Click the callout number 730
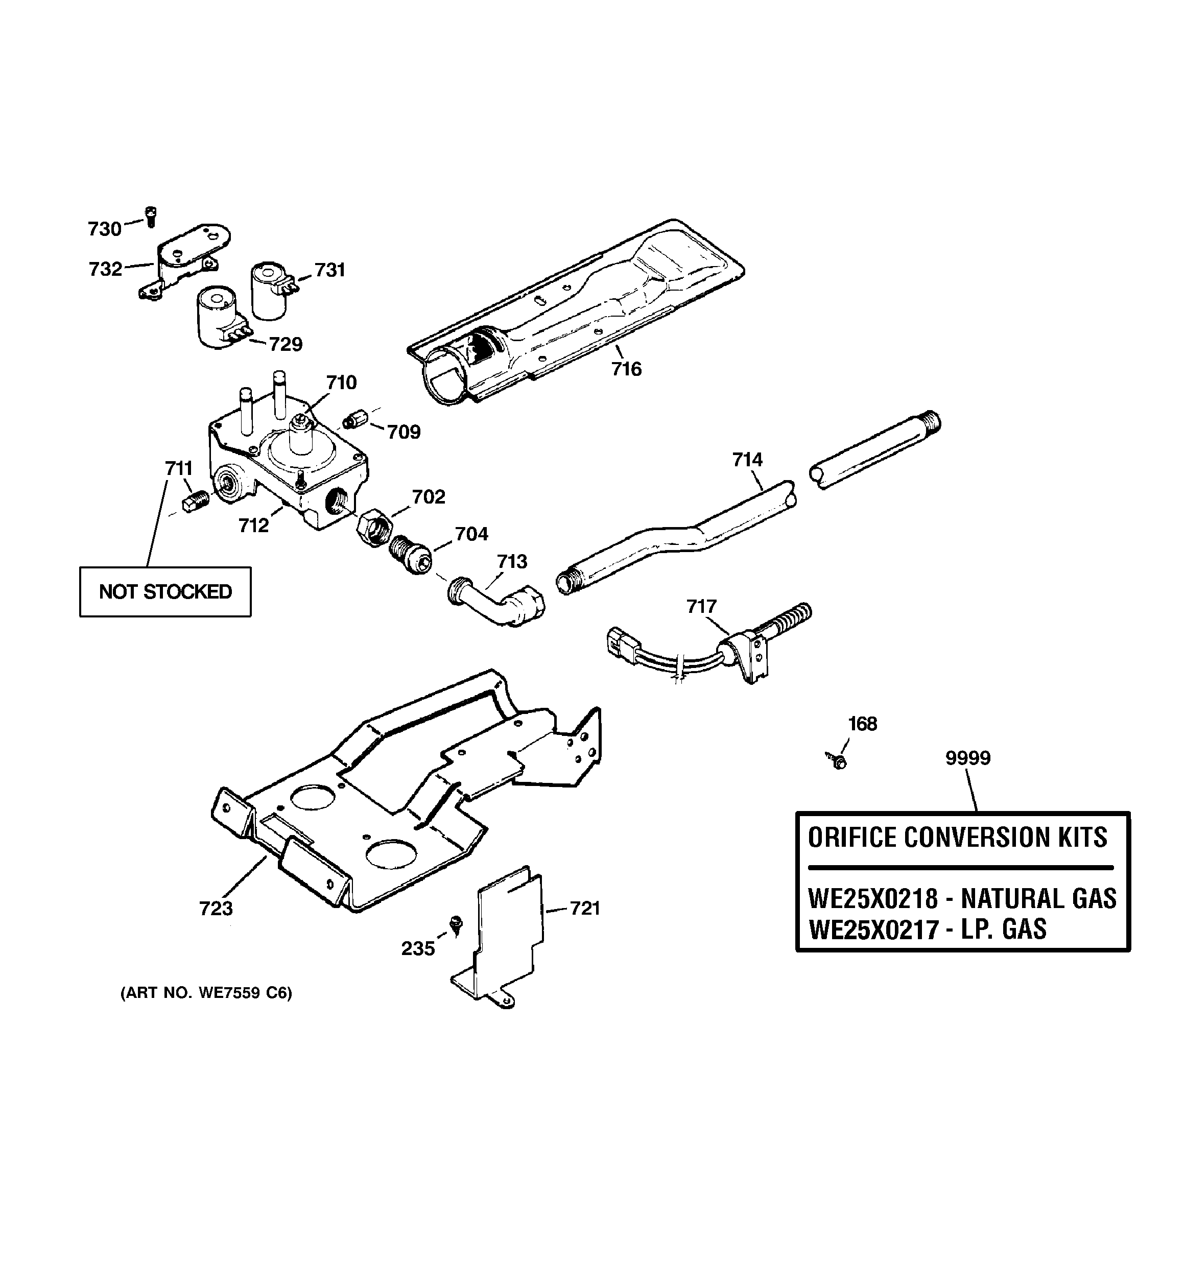click(x=104, y=229)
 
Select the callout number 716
click(x=627, y=369)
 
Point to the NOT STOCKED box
click(x=165, y=591)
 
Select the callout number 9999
click(x=967, y=758)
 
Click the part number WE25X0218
click(x=873, y=898)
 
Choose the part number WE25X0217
click(x=873, y=929)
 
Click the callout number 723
click(x=216, y=909)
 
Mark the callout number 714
click(x=747, y=460)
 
